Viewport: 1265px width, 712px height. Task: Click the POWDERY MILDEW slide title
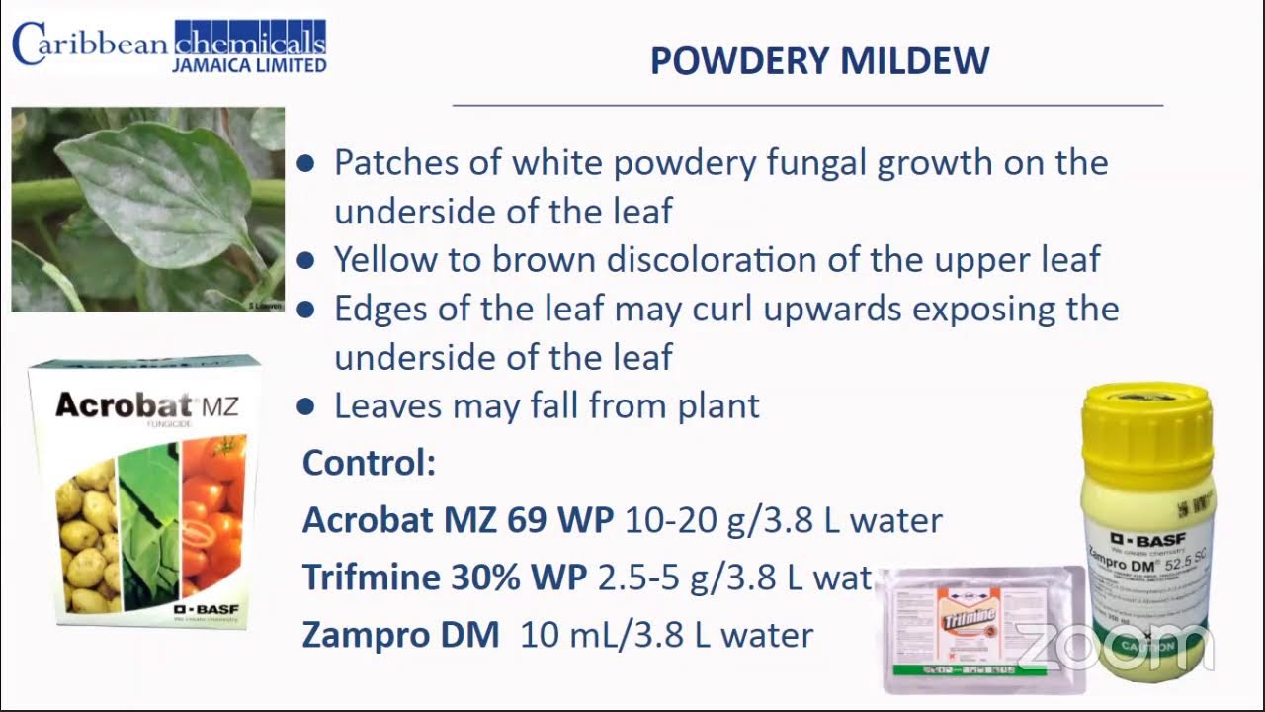[819, 61]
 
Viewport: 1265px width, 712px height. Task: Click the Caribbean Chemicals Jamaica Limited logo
[169, 46]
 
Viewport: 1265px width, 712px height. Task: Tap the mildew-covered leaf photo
[148, 209]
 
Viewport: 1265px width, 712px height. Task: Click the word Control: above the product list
[369, 463]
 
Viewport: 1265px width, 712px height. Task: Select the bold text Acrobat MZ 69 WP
[459, 520]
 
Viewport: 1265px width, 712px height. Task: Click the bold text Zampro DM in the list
[400, 635]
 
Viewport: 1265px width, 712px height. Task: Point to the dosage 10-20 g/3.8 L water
[784, 520]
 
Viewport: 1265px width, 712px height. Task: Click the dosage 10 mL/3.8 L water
[667, 635]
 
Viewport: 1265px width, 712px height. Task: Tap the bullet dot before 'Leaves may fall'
[306, 406]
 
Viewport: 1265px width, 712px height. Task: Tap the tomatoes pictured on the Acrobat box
[212, 514]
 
